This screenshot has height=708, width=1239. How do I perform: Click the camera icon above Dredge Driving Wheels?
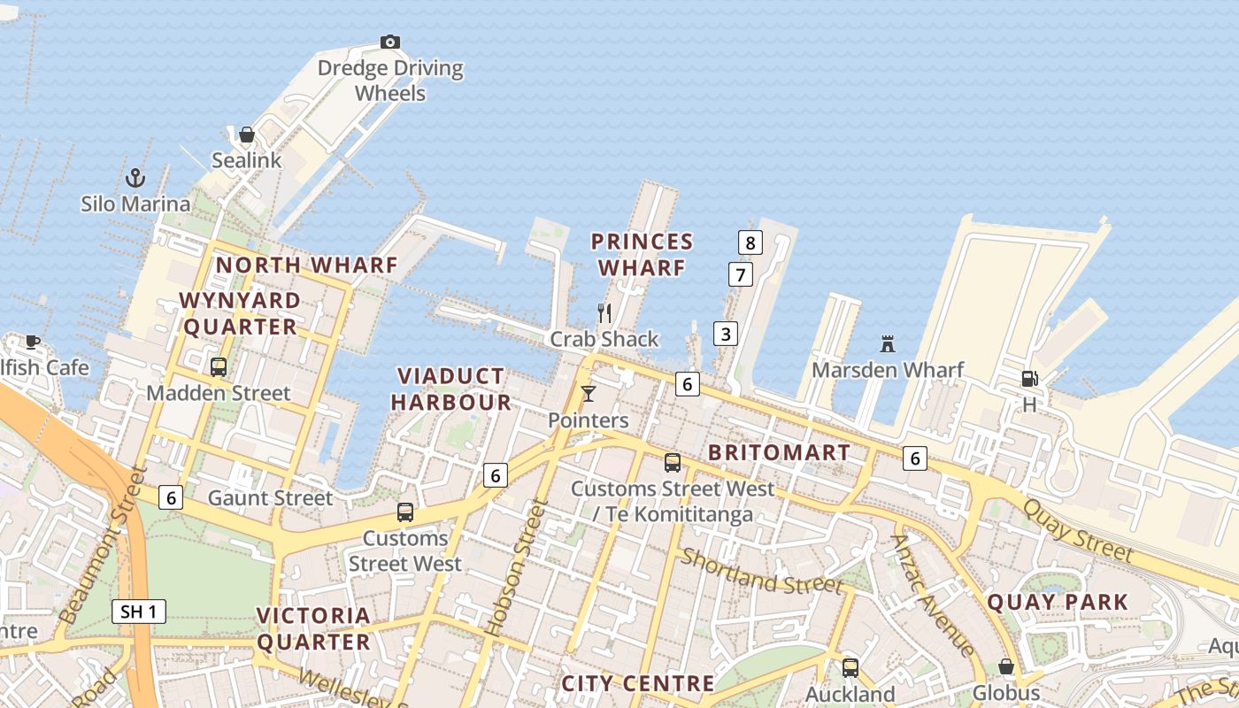point(390,42)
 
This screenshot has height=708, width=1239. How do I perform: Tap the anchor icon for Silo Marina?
point(135,177)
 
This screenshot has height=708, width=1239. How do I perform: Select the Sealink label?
point(246,160)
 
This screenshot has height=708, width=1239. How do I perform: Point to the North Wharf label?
point(307,265)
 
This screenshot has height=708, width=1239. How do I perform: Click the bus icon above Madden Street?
point(218,366)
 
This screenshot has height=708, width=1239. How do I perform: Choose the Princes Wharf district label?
point(642,254)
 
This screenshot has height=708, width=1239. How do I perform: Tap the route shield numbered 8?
point(750,242)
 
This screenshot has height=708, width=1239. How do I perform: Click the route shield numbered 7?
point(740,274)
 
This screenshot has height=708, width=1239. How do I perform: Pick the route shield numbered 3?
point(726,334)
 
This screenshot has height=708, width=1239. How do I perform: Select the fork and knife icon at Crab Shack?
point(604,312)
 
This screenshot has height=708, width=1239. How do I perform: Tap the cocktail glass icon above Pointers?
point(588,394)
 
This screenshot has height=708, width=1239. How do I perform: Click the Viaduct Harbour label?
point(451,389)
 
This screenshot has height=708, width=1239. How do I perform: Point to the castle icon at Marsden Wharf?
point(888,343)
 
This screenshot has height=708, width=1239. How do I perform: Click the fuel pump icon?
point(1029,379)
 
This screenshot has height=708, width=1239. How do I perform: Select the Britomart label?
point(780,452)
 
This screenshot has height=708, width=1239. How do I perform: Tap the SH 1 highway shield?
point(139,611)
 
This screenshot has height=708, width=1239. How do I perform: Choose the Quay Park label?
point(1058,603)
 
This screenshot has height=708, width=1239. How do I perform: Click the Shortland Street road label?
point(761,572)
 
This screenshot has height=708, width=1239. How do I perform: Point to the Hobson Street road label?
point(513,567)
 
